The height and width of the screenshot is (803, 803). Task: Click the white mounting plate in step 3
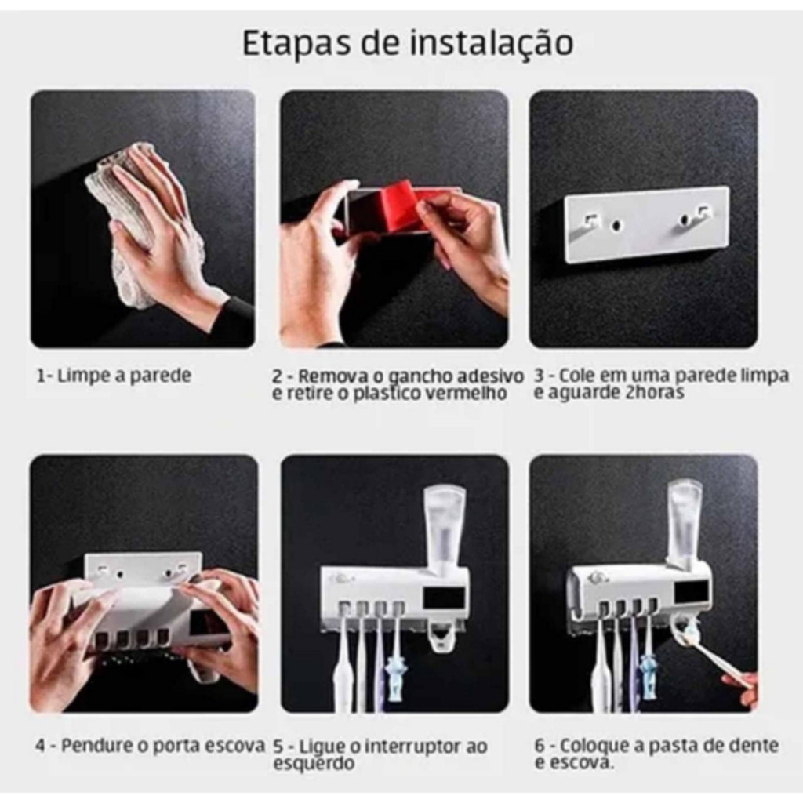pyautogui.click(x=647, y=223)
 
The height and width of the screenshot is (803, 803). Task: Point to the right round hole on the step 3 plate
pyautogui.click(x=684, y=220)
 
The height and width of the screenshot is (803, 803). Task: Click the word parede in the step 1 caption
pyautogui.click(x=160, y=376)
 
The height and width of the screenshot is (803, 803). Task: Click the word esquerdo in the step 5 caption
pyautogui.click(x=314, y=764)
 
